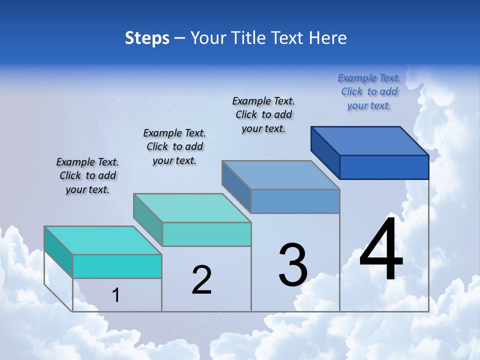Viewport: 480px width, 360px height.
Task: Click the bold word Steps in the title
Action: point(147,38)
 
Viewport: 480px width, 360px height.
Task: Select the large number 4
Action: point(381,250)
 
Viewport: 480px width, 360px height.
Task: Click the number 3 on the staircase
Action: point(293,265)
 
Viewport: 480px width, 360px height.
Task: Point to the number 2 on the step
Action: point(201,280)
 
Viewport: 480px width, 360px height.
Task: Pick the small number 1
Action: point(116,295)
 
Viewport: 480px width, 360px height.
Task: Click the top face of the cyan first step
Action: point(103,240)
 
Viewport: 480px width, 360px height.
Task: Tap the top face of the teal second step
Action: point(192,208)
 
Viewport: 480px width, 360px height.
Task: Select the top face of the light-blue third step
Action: point(280,175)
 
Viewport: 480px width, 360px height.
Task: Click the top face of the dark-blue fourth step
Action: point(370,141)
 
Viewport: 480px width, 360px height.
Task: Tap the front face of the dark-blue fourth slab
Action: point(384,167)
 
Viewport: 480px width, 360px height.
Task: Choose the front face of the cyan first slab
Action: point(117,266)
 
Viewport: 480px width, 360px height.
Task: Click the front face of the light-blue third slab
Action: point(295,201)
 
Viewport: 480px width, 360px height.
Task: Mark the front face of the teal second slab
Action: point(206,234)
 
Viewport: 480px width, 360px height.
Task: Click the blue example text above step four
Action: point(369,92)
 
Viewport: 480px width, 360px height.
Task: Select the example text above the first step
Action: point(87,175)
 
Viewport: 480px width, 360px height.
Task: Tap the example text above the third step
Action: point(263,114)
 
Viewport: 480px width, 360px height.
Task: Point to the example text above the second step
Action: point(174,146)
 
